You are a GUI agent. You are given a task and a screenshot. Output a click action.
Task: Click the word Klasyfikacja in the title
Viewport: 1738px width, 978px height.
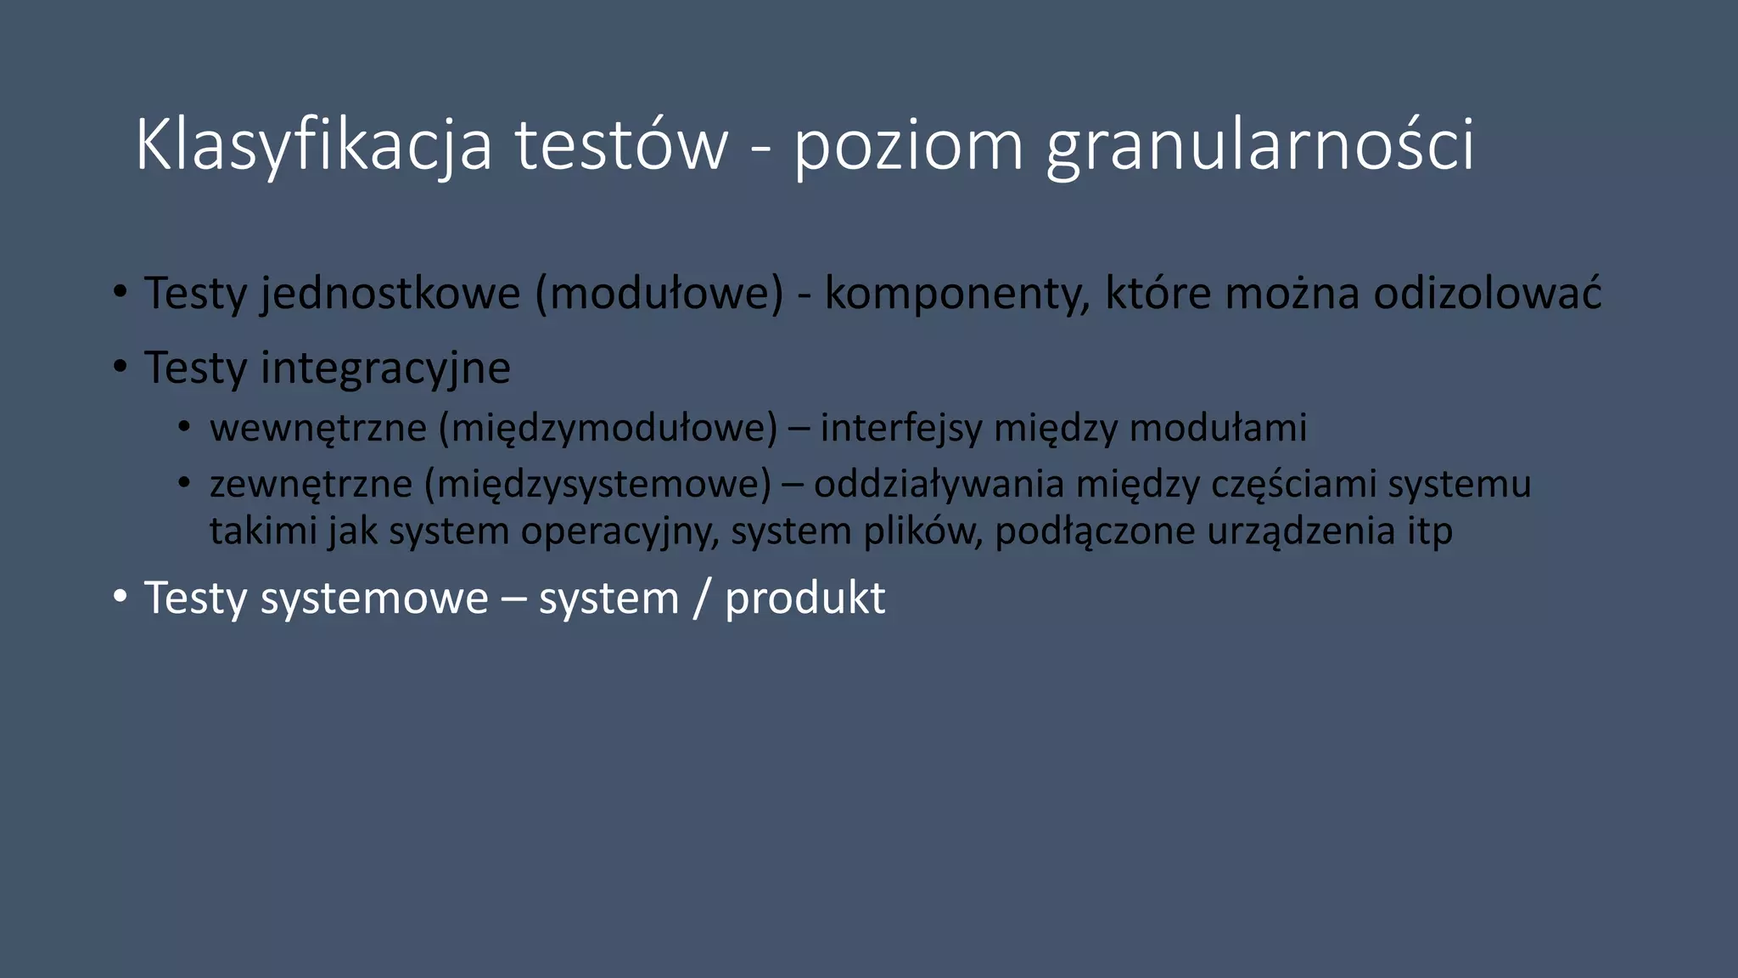tap(313, 146)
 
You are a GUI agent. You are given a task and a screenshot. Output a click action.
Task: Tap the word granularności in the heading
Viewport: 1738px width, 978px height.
tap(1260, 146)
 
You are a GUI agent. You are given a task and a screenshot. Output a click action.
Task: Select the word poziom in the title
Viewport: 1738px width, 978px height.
tap(908, 146)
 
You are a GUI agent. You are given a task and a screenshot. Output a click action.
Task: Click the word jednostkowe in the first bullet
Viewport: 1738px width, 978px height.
tap(390, 294)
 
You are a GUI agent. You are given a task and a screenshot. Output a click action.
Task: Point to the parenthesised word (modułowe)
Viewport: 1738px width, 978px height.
tap(659, 294)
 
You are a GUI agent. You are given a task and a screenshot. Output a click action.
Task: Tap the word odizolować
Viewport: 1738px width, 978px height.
tap(1487, 294)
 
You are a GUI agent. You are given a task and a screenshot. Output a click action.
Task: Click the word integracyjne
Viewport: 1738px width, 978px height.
tap(385, 368)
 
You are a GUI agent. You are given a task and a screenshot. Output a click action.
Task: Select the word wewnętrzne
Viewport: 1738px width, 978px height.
tap(318, 428)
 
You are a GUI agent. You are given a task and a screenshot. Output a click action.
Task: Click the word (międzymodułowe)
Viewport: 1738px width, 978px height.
tap(608, 428)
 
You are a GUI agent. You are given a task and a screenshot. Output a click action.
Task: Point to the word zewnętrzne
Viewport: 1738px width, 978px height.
tap(311, 484)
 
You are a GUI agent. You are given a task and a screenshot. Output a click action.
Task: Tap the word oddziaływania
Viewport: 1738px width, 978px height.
tap(939, 484)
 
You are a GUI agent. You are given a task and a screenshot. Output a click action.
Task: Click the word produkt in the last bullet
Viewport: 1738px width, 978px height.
tap(805, 599)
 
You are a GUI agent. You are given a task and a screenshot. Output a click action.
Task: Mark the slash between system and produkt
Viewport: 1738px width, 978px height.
tap(702, 599)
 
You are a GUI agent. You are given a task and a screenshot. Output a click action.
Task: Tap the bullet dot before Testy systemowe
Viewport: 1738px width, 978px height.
tap(121, 597)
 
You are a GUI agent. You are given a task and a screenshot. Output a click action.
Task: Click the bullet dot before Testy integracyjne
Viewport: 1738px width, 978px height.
tap(121, 367)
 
